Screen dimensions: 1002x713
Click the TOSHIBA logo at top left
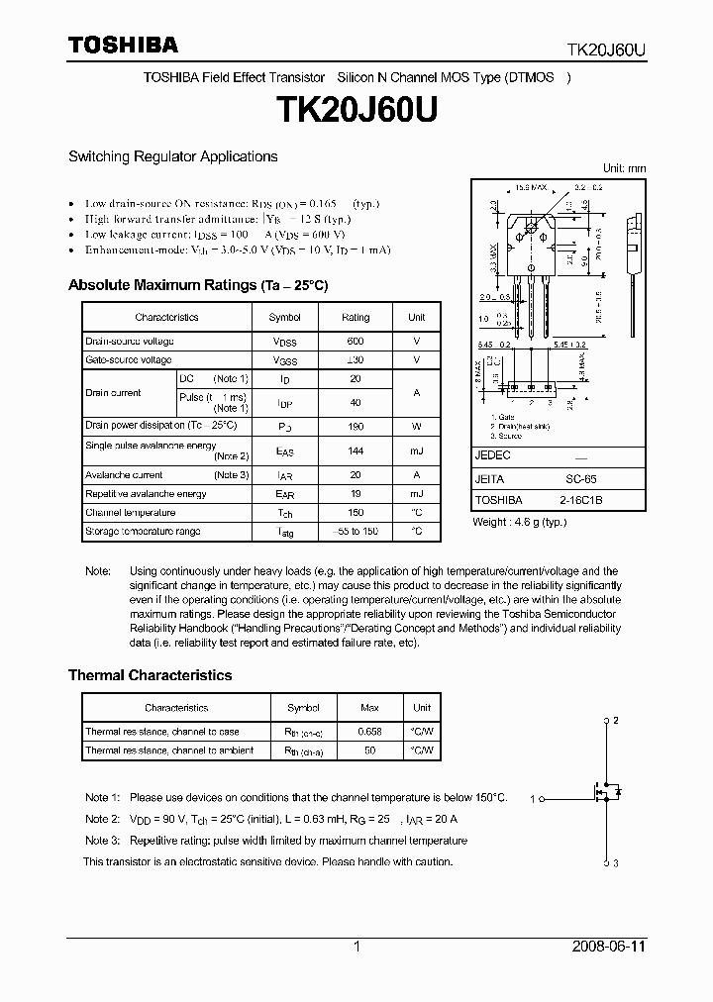pyautogui.click(x=123, y=45)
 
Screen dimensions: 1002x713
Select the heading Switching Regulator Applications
pyautogui.click(x=172, y=156)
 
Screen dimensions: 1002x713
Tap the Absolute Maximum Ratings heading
pyautogui.click(x=197, y=285)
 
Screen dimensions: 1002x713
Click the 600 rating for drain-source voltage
pyautogui.click(x=356, y=341)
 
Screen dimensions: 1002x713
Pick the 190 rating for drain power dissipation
pyautogui.click(x=356, y=425)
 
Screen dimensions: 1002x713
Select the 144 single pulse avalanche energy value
pyautogui.click(x=356, y=451)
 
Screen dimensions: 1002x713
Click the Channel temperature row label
pyautogui.click(x=130, y=513)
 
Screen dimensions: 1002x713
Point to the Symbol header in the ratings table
pyautogui.click(x=285, y=317)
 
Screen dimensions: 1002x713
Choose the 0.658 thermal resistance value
pyautogui.click(x=369, y=732)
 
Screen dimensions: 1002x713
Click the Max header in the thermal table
pyautogui.click(x=369, y=708)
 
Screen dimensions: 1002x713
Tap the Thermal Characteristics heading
pyautogui.click(x=150, y=675)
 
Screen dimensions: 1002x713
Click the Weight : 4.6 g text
pyautogui.click(x=519, y=522)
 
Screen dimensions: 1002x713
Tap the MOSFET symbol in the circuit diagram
pyautogui.click(x=605, y=792)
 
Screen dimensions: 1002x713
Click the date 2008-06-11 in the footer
pyautogui.click(x=609, y=947)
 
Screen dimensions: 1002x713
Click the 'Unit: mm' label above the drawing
pyautogui.click(x=624, y=168)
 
